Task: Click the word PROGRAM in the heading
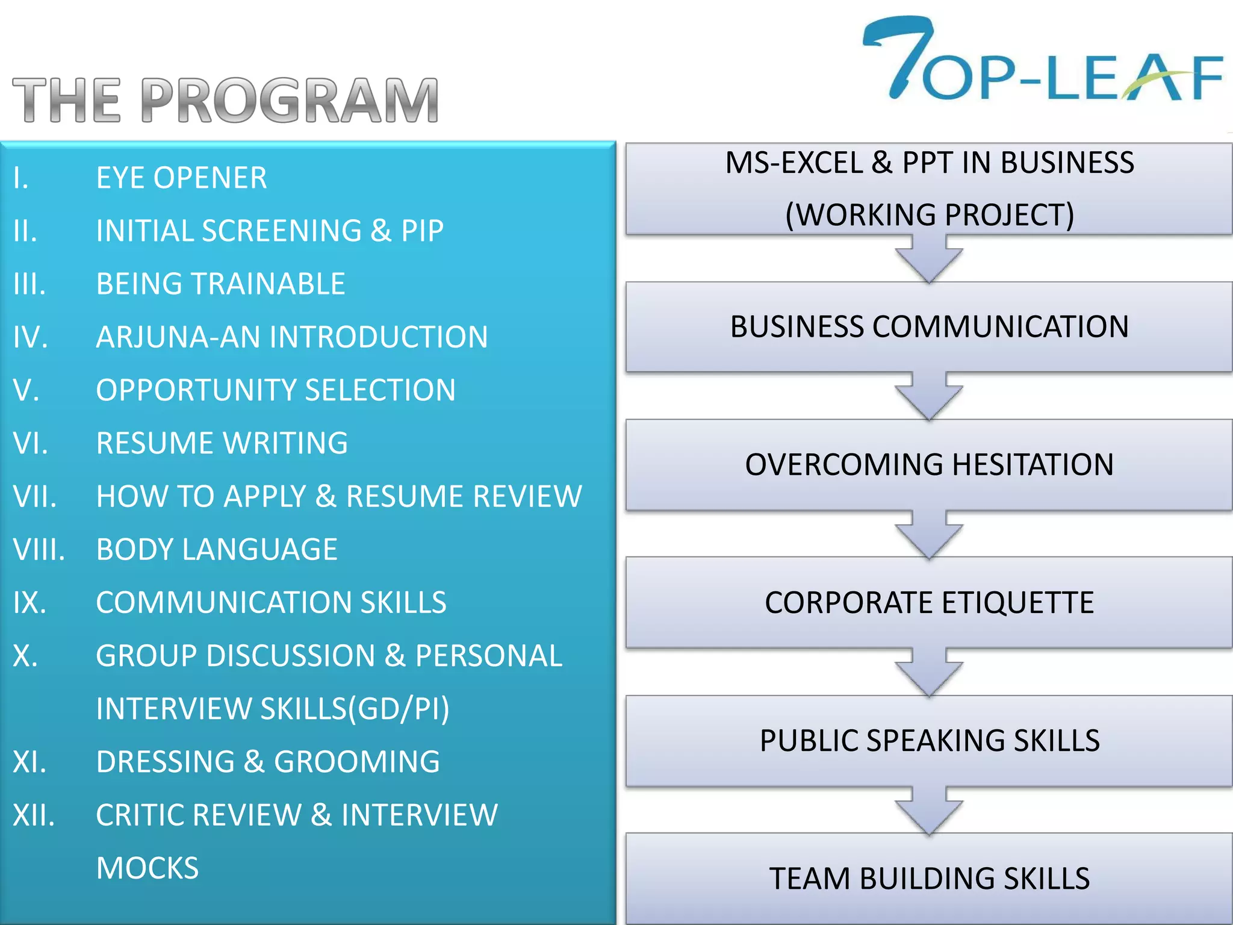290,101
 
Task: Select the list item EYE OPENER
181,178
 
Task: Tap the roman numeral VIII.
39,550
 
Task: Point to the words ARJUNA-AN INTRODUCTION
292,337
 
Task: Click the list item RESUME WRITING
222,443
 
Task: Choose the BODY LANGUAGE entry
217,550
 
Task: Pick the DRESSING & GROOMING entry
268,762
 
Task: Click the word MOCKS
148,868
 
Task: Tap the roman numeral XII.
34,815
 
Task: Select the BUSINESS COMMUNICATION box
929,327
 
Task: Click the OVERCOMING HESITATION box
929,465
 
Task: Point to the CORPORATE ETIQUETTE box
929,603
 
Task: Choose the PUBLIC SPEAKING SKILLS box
929,741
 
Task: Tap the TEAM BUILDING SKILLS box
929,879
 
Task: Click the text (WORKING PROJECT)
929,215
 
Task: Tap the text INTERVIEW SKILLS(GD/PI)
273,709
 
